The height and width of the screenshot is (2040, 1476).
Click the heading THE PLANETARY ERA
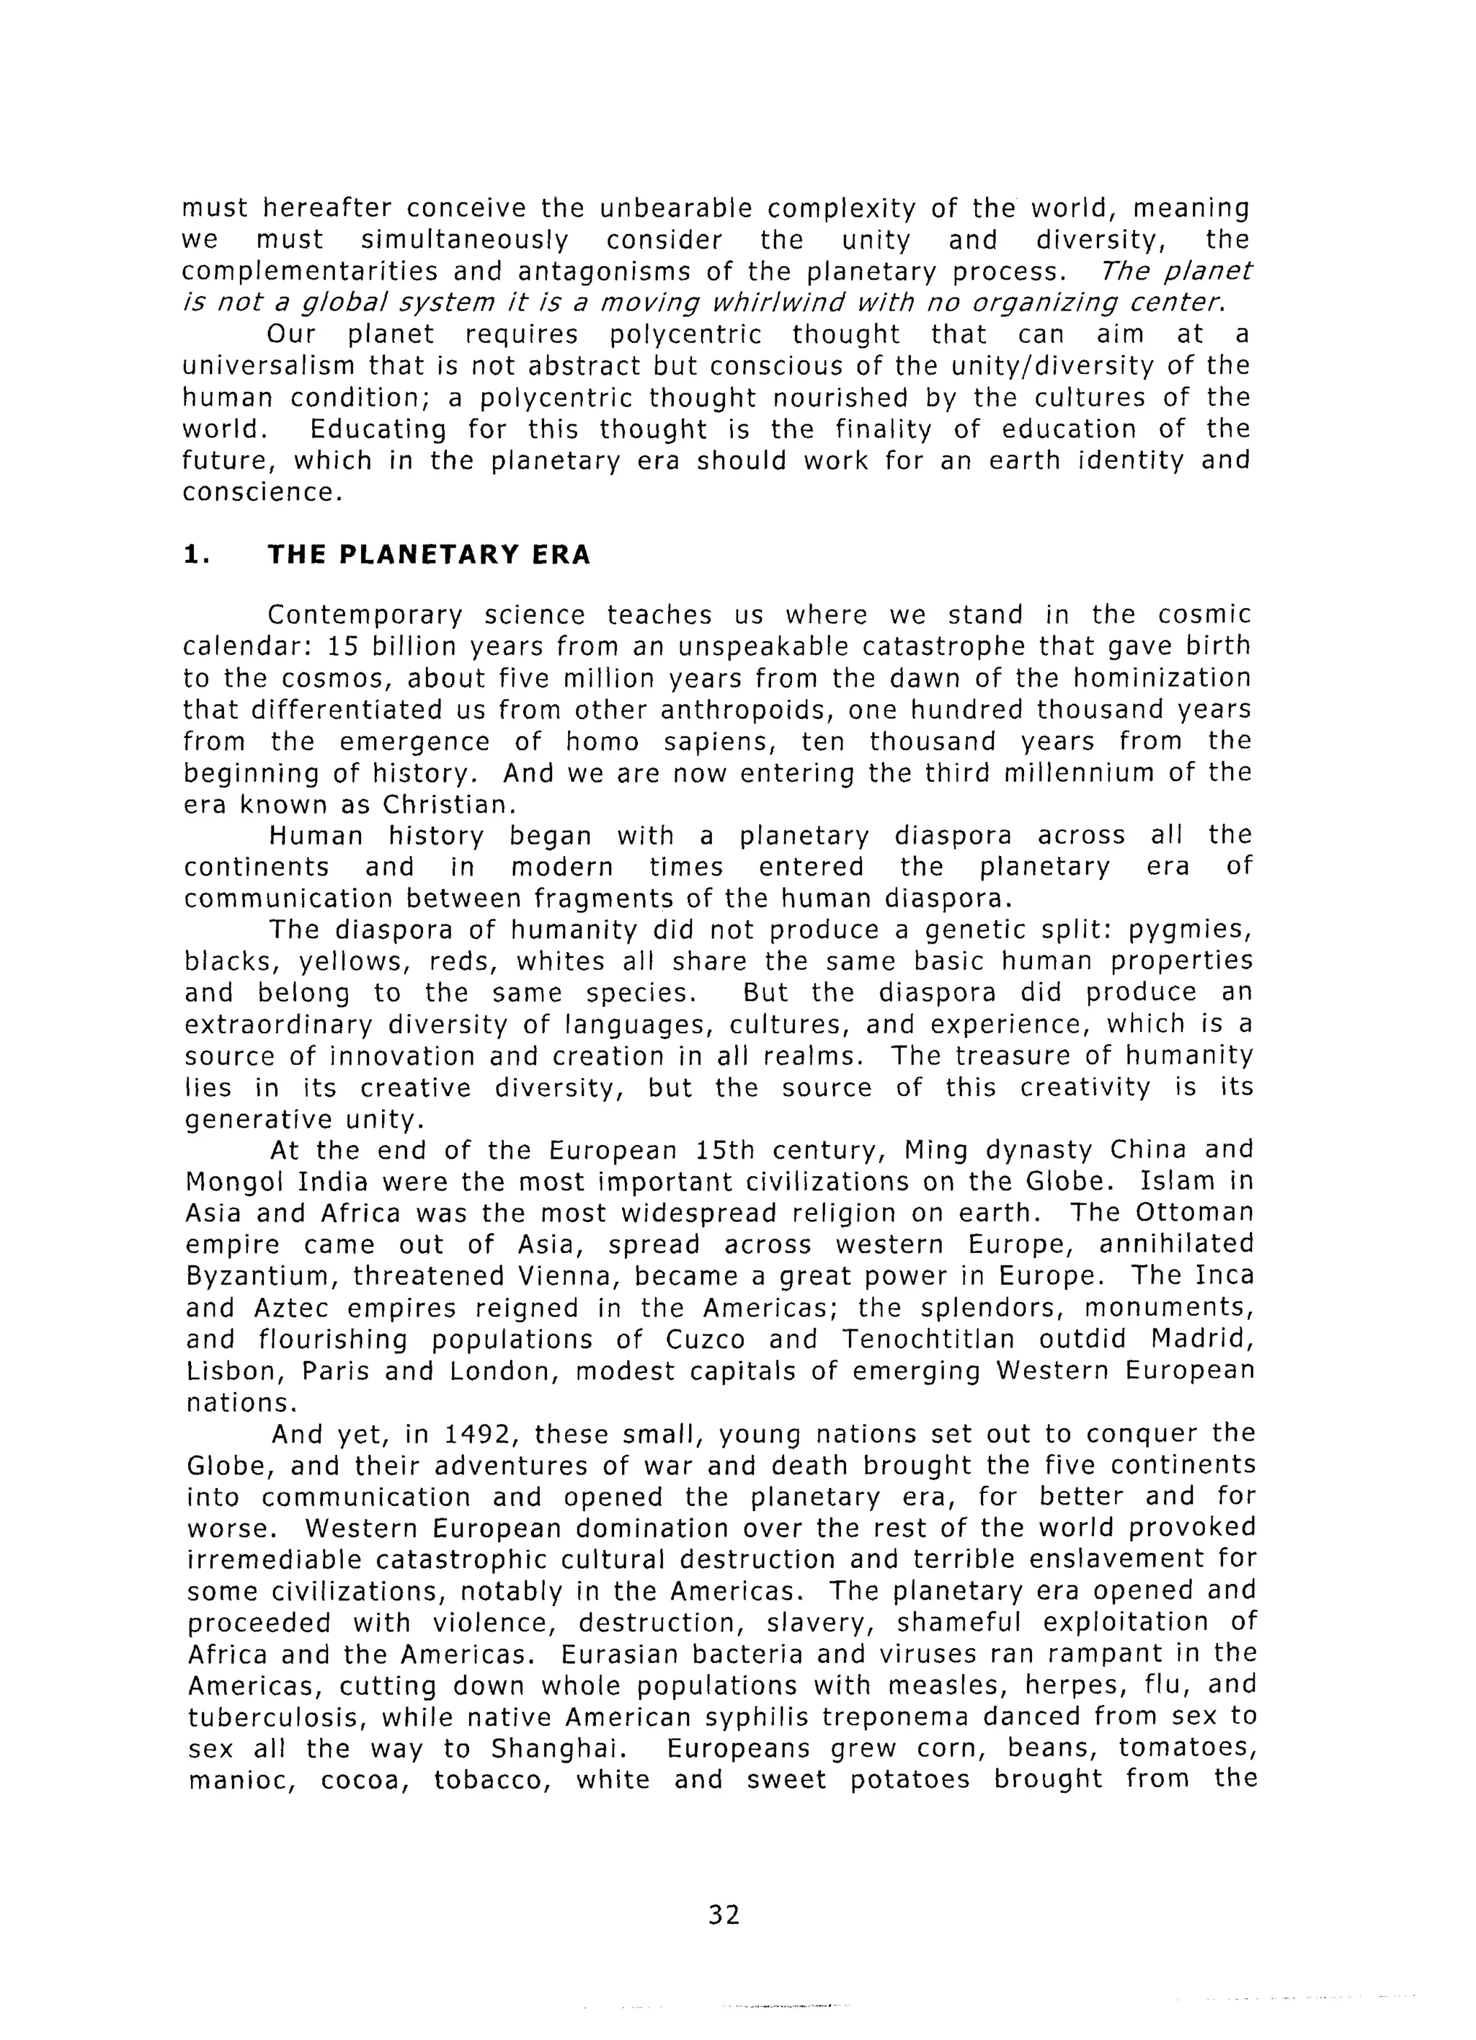click(429, 555)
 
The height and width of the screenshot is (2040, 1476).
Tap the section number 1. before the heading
click(196, 555)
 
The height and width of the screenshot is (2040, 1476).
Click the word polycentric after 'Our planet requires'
click(685, 334)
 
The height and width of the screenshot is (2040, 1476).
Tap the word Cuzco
click(706, 1340)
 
